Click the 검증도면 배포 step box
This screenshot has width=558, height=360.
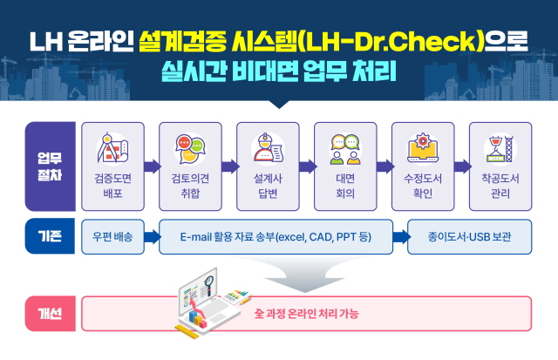pyautogui.click(x=112, y=166)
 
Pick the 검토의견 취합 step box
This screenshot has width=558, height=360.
pyautogui.click(x=190, y=166)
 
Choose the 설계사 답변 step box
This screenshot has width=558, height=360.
pyautogui.click(x=268, y=166)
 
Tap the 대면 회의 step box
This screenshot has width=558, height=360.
pyautogui.click(x=345, y=166)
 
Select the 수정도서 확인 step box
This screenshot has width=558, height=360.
pyautogui.click(x=423, y=166)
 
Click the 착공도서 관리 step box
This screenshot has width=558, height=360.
pyautogui.click(x=500, y=166)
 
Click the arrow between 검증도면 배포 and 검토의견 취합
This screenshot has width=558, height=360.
pyautogui.click(x=151, y=166)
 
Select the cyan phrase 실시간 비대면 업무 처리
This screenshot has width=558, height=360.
pyautogui.click(x=278, y=71)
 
